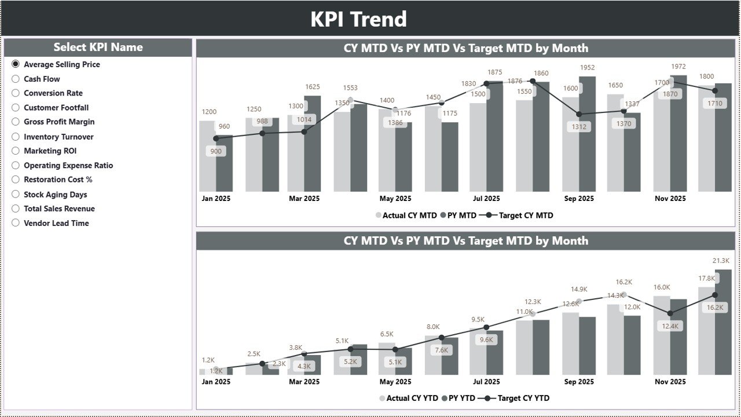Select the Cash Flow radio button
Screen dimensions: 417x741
coord(16,79)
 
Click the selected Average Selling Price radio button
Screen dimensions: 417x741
coord(16,64)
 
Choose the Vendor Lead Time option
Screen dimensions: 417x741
coord(16,223)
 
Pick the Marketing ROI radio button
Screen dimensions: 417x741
coord(16,151)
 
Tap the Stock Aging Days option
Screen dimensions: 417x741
coord(16,195)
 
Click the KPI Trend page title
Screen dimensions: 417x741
coord(358,19)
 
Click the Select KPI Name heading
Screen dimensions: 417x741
coord(98,47)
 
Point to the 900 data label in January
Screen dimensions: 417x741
coord(216,151)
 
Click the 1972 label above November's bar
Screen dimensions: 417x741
coord(678,67)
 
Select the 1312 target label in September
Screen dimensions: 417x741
coord(579,127)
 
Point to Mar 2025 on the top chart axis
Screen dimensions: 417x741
coord(304,199)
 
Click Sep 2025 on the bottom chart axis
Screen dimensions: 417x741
coord(579,382)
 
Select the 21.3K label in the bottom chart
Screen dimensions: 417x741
coord(721,261)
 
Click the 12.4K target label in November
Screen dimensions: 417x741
coord(670,326)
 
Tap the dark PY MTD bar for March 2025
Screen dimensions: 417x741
coord(312,144)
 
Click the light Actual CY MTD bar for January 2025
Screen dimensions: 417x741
coord(207,156)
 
